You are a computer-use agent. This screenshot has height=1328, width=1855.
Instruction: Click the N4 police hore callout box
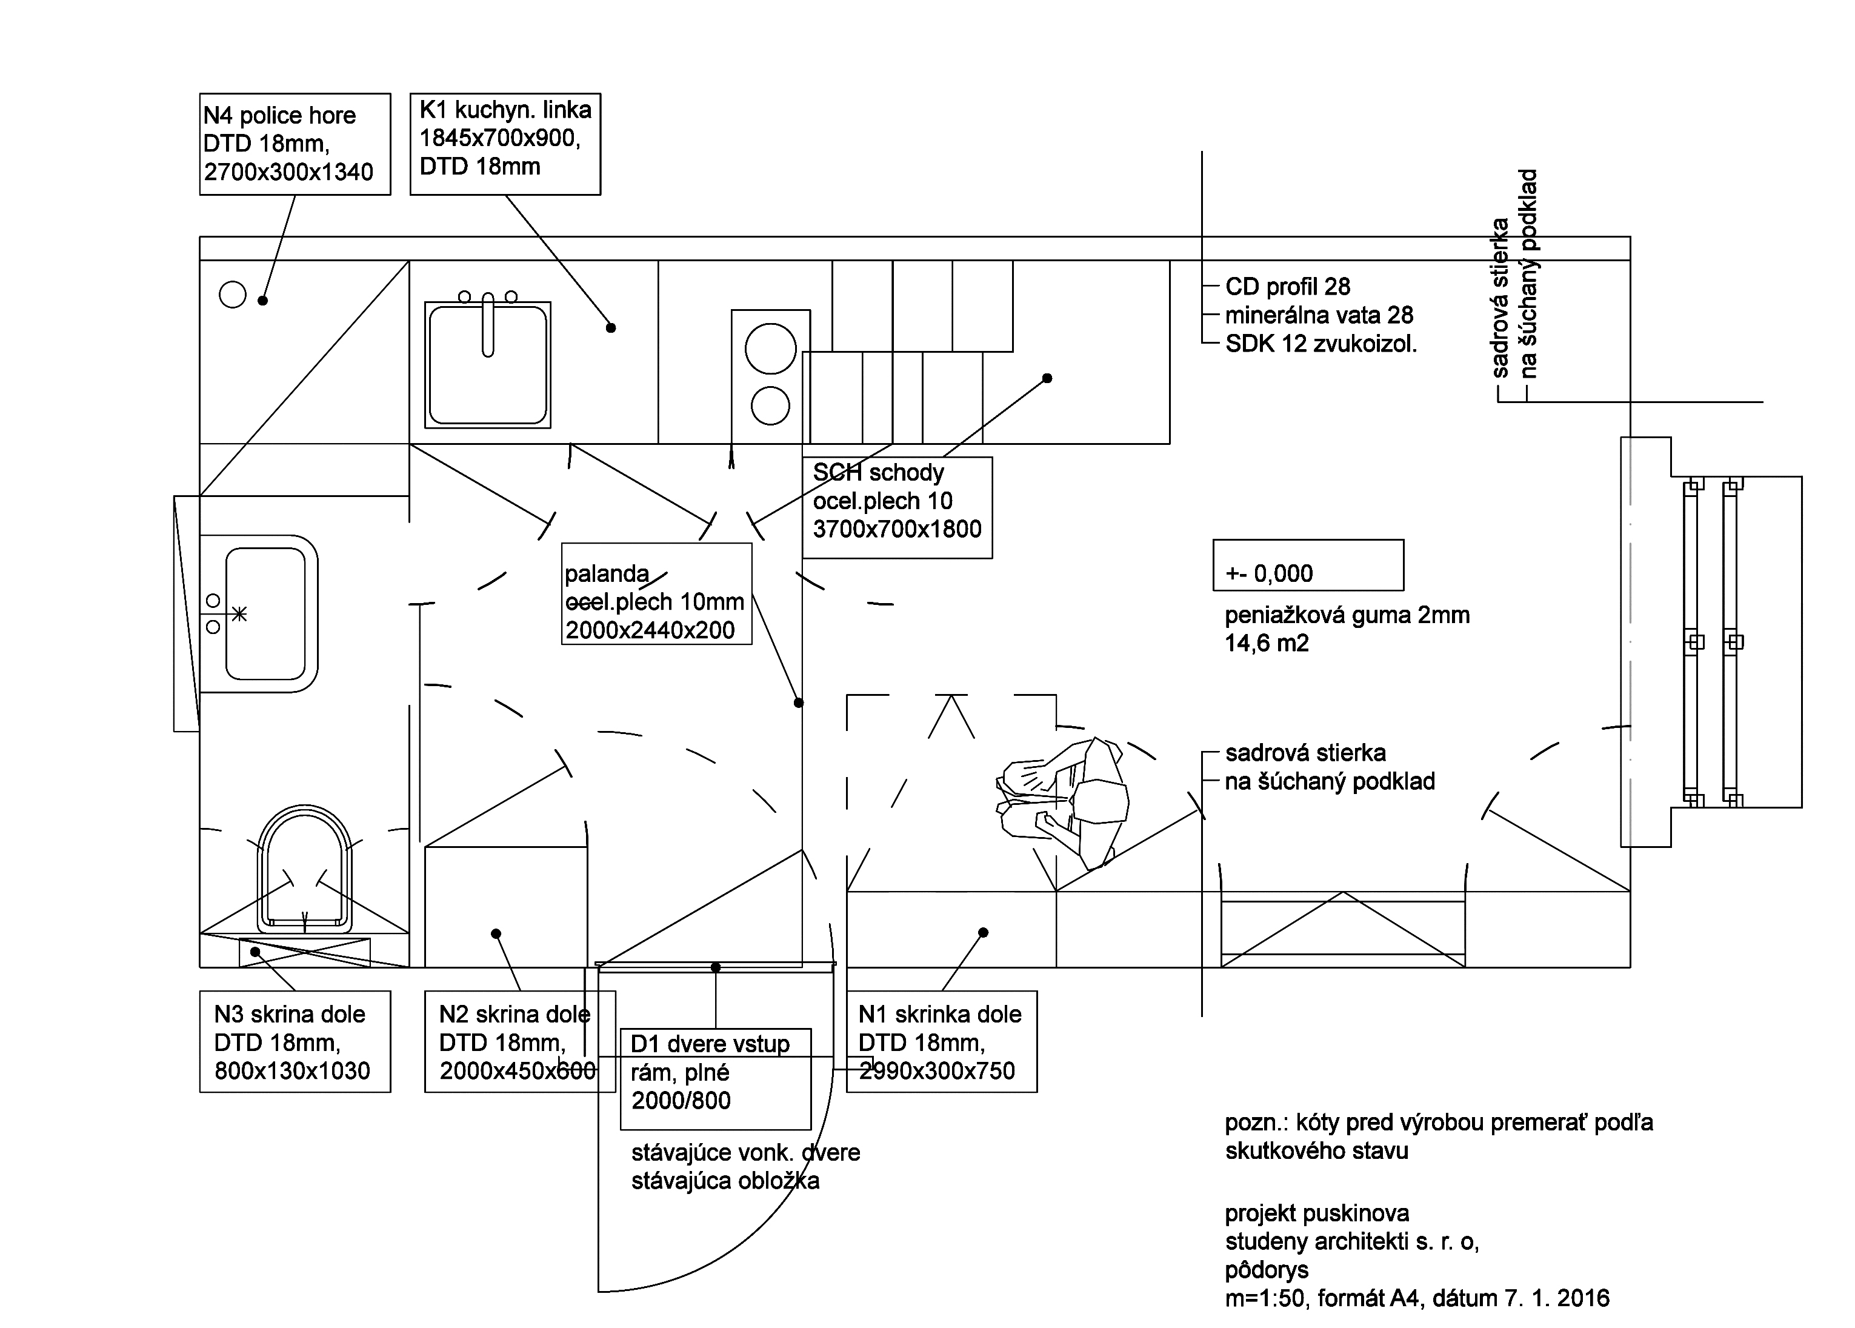[295, 144]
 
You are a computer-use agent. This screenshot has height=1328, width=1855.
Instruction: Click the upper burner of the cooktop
[770, 349]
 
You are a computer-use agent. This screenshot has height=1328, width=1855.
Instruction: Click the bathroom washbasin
[265, 613]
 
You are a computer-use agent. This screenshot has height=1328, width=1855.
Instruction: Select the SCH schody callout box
[897, 507]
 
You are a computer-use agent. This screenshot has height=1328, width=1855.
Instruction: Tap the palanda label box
[656, 593]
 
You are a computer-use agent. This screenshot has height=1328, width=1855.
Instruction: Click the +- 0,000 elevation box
[1307, 565]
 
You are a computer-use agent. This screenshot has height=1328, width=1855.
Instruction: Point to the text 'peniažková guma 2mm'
[1347, 615]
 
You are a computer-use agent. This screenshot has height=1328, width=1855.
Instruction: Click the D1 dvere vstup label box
[715, 1079]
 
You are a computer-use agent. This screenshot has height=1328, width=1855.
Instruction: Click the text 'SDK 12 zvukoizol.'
[1320, 344]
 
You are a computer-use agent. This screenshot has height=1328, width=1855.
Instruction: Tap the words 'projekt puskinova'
[1316, 1213]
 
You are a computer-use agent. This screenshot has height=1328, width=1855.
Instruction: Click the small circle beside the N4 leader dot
[233, 295]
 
